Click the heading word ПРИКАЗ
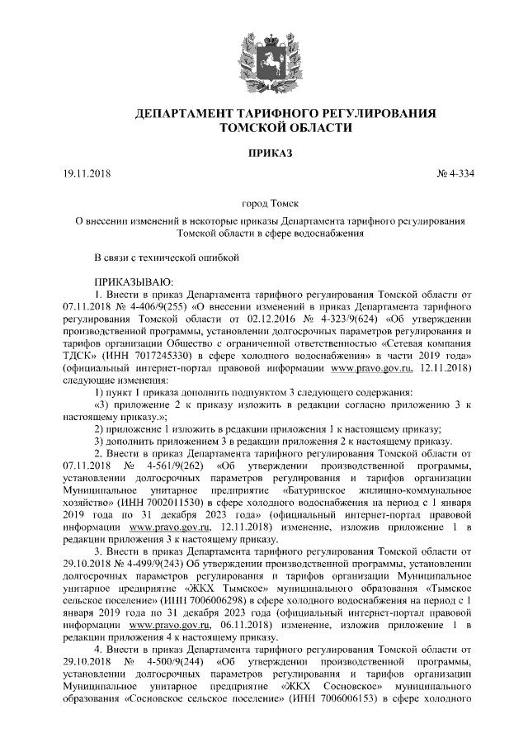pos(263,153)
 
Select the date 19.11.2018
pos(87,174)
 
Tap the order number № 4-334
pos(455,174)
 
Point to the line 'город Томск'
pos(263,203)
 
